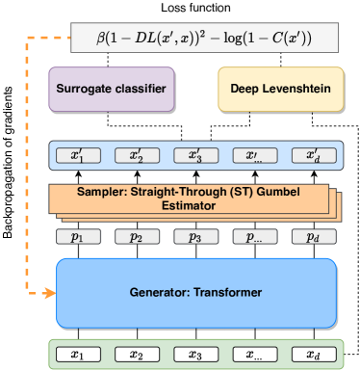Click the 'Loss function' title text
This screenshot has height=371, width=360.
pos(195,9)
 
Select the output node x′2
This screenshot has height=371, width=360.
pos(137,154)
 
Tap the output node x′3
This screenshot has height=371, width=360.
pos(195,154)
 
